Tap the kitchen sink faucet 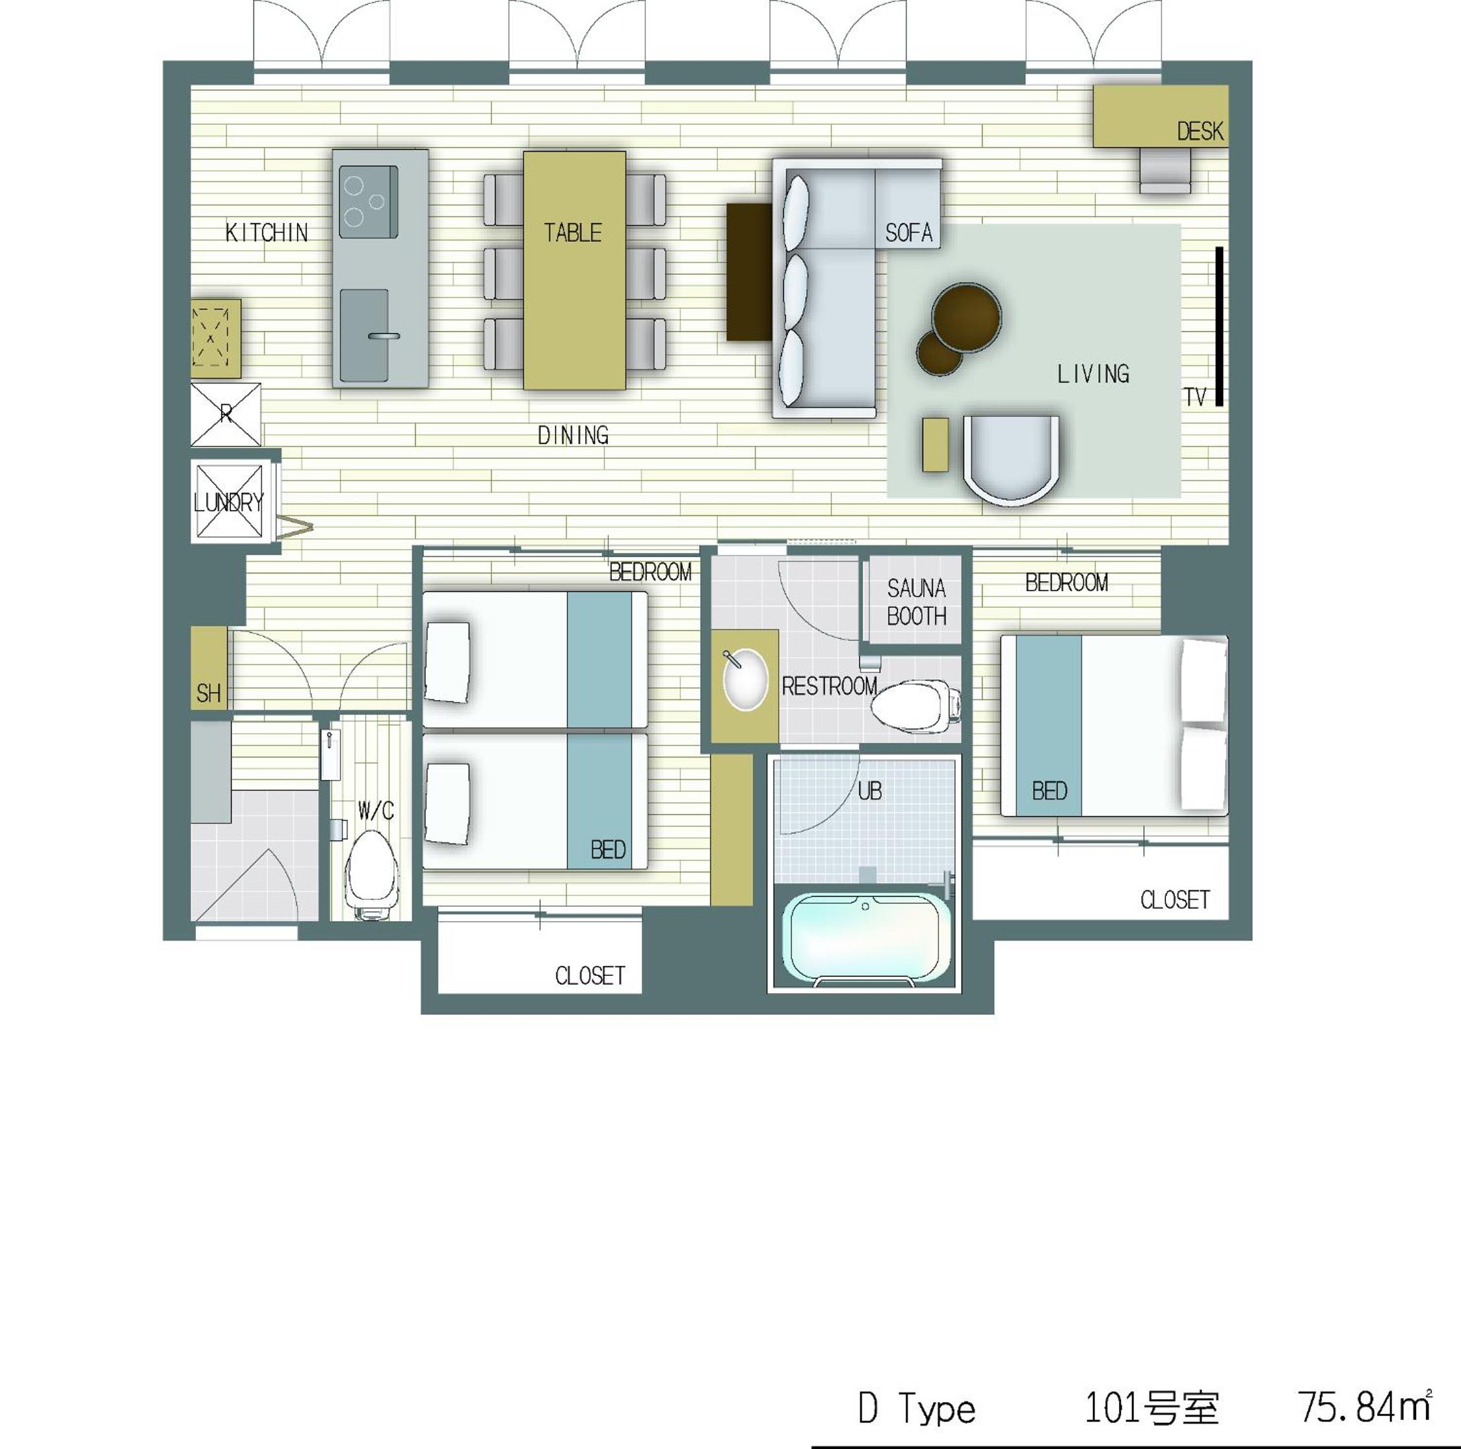coord(384,335)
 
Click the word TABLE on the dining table coord(573,232)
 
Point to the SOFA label coord(908,232)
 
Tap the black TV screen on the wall coord(1219,326)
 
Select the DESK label coord(1200,131)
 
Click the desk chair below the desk coord(1165,170)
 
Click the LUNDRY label coord(228,502)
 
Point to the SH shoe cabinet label coord(209,693)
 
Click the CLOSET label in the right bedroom coord(1175,899)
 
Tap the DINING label coord(573,435)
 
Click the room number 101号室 coord(1152,1407)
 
